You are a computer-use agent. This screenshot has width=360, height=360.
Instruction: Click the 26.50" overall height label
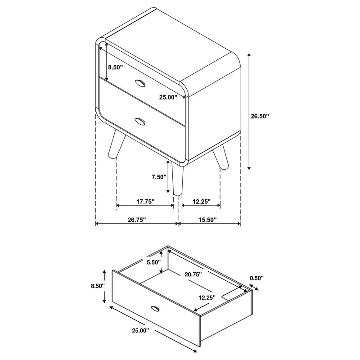pos(260,116)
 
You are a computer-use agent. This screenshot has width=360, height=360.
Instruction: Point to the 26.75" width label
pos(137,220)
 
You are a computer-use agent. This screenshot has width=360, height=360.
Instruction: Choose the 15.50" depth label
pos(207,220)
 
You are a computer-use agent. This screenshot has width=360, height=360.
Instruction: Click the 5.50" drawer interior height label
pos(153,262)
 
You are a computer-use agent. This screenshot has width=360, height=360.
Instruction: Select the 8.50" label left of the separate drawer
pos(98,286)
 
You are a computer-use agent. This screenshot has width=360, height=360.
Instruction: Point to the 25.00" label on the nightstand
pos(168,96)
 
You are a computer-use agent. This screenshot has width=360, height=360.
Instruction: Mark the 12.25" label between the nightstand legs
pos(200,202)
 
